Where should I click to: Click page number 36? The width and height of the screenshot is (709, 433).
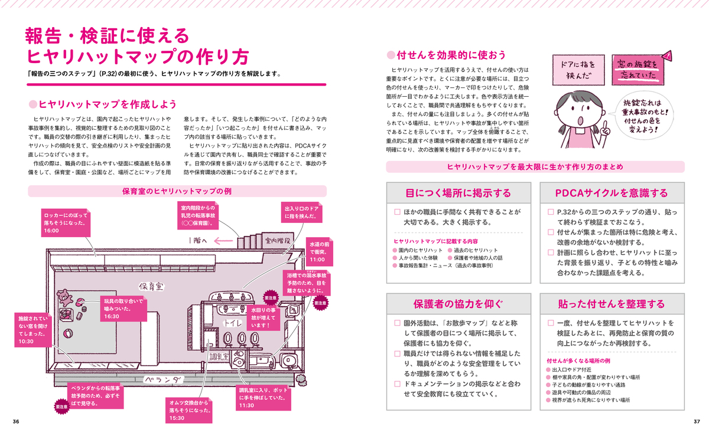pyautogui.click(x=16, y=421)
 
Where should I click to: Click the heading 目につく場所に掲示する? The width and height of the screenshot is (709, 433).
pyautogui.click(x=458, y=193)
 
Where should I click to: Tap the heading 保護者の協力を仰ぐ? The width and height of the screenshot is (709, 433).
pyautogui.click(x=458, y=304)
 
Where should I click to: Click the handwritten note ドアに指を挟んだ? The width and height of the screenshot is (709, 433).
pyautogui.click(x=574, y=70)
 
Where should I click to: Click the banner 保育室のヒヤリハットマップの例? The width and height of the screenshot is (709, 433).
pyautogui.click(x=177, y=191)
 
